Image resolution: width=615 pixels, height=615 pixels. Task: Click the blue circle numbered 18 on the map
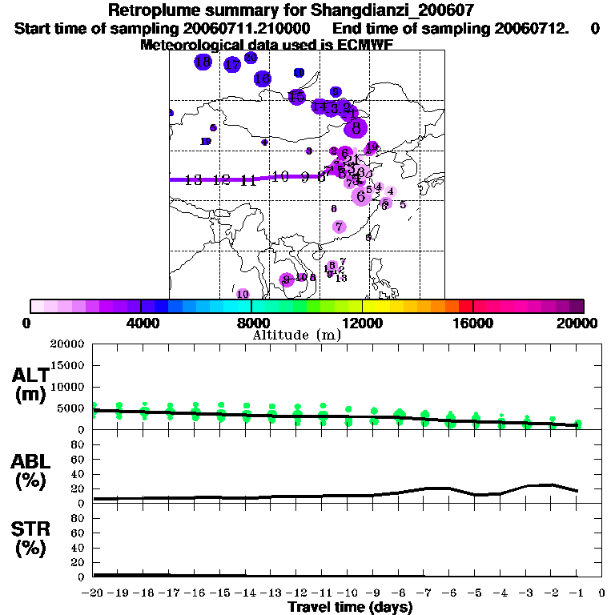(203, 62)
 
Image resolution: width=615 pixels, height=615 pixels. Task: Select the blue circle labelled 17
(232, 65)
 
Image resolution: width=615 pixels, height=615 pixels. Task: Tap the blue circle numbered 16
(262, 78)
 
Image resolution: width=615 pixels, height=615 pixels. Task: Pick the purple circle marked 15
(297, 97)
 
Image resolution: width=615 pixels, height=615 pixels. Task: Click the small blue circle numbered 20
(251, 58)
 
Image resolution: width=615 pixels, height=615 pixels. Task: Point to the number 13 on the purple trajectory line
(193, 180)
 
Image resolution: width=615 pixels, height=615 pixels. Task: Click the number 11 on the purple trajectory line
(248, 180)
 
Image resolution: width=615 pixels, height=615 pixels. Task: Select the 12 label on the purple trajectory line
(221, 180)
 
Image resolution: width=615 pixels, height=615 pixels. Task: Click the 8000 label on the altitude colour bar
(251, 324)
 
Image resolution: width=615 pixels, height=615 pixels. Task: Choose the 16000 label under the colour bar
(472, 324)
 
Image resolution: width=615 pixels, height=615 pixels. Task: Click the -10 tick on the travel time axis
(348, 593)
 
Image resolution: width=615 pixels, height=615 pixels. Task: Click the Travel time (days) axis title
(350, 607)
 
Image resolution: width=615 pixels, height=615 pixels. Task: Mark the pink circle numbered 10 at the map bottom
(242, 294)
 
